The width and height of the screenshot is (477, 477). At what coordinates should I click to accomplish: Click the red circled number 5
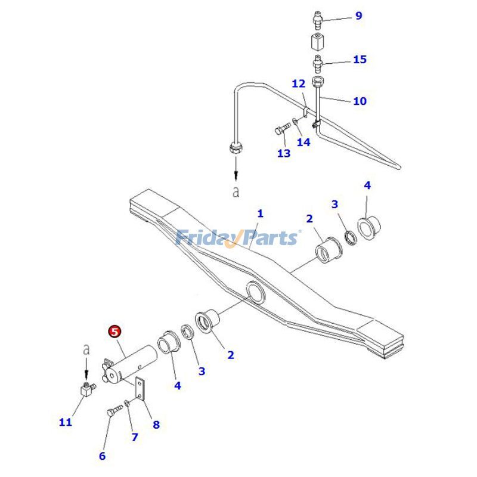click(114, 332)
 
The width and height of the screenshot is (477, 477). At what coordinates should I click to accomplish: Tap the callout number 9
click(358, 16)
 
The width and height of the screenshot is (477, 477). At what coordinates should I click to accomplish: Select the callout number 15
click(360, 60)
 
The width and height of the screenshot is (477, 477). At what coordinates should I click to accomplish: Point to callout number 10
click(360, 101)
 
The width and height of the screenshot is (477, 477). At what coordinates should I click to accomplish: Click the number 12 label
click(298, 84)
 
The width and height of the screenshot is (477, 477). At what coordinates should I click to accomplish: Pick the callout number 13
click(284, 153)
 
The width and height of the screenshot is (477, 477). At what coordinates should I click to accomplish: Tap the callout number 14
click(303, 143)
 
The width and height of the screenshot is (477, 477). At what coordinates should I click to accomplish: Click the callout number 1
click(260, 213)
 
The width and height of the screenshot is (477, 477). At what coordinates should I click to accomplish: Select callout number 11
click(66, 422)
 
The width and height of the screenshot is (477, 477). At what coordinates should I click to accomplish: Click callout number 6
click(102, 456)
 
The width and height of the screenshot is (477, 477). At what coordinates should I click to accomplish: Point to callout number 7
click(135, 437)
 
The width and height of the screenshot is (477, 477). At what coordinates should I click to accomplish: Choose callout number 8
click(156, 425)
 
